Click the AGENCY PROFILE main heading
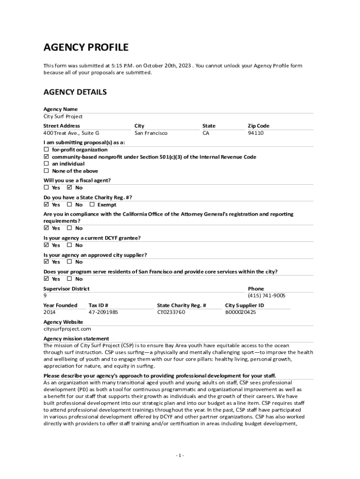[86, 47]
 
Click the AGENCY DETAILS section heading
[75, 92]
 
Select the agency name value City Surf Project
[63, 116]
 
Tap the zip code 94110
[256, 133]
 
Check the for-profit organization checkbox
[46, 150]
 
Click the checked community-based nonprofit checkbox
[46, 157]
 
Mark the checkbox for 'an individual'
[46, 164]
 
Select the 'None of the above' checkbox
[46, 171]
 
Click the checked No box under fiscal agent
[69, 188]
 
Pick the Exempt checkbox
[92, 204]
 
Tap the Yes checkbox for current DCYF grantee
[46, 245]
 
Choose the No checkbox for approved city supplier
[69, 261]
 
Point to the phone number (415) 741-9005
[266, 296]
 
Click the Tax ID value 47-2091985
[103, 312]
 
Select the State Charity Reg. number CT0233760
[171, 312]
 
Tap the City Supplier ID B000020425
[240, 312]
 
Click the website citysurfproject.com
[67, 329]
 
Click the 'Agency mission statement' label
[76, 338]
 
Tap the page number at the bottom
[180, 455]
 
